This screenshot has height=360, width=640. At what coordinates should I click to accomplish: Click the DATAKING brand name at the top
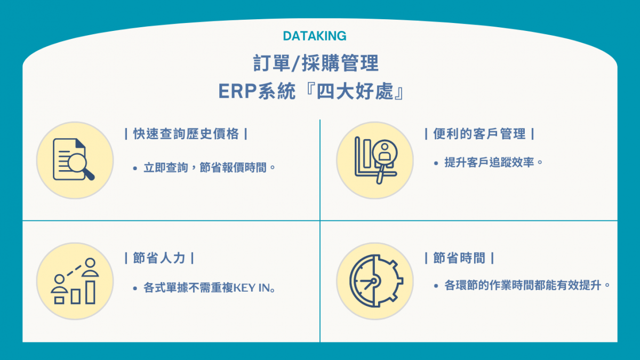[315, 36]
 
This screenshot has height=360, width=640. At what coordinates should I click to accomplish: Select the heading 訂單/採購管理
[316, 63]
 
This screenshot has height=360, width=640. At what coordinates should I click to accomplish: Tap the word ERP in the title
[237, 91]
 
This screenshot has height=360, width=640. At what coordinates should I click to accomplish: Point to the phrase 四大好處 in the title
[355, 91]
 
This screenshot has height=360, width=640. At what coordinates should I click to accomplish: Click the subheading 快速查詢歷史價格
[186, 134]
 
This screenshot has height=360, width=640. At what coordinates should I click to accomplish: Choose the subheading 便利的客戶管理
[479, 134]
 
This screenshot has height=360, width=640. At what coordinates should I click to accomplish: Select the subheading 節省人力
[159, 258]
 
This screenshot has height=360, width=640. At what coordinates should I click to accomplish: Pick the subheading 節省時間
[459, 258]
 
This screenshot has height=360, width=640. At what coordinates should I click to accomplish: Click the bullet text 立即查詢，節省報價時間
[205, 167]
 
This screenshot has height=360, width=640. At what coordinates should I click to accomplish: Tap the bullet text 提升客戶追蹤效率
[489, 163]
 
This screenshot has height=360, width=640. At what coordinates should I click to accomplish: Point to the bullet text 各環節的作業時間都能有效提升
[523, 285]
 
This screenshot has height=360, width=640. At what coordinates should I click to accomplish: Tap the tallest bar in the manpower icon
[90, 292]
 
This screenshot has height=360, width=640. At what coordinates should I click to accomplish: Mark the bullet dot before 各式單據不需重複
[135, 289]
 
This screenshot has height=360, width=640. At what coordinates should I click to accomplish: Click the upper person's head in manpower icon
[90, 263]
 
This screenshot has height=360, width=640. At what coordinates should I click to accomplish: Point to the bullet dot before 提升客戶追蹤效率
[436, 163]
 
